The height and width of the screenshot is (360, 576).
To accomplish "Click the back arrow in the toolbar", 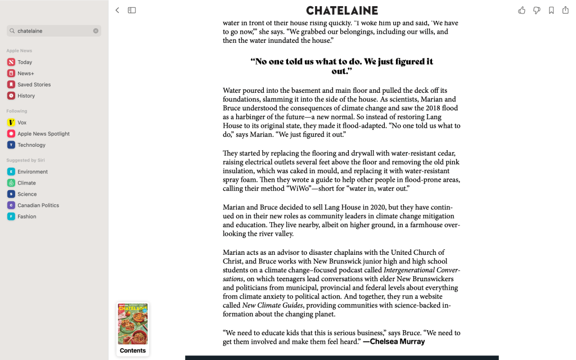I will (117, 10).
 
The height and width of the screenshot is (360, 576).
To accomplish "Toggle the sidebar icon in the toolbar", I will (132, 10).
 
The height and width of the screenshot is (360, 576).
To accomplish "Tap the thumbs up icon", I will (521, 10).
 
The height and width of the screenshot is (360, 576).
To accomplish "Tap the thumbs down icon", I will (537, 10).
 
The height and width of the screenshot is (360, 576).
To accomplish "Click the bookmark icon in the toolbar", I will (551, 10).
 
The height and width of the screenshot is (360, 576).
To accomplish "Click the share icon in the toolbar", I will (565, 10).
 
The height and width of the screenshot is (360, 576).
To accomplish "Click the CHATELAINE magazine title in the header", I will (342, 10).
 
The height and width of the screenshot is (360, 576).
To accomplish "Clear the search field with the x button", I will (96, 31).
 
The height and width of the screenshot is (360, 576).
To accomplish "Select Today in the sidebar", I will (25, 62).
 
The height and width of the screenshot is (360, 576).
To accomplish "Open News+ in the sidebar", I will (25, 74).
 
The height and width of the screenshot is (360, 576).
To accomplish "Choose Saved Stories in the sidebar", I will (34, 85).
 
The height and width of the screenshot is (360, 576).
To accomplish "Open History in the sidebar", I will (26, 96).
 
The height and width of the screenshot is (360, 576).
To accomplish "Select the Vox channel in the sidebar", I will (22, 123).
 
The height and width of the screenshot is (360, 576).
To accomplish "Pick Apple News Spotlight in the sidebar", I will (43, 134).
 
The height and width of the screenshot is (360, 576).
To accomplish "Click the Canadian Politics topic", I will (38, 205).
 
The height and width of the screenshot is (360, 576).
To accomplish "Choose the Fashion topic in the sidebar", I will (26, 217).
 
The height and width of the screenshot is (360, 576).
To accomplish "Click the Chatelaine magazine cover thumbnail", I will (133, 324).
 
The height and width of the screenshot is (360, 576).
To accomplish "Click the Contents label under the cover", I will (133, 350).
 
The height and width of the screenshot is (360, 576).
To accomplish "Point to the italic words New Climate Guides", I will (272, 305).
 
